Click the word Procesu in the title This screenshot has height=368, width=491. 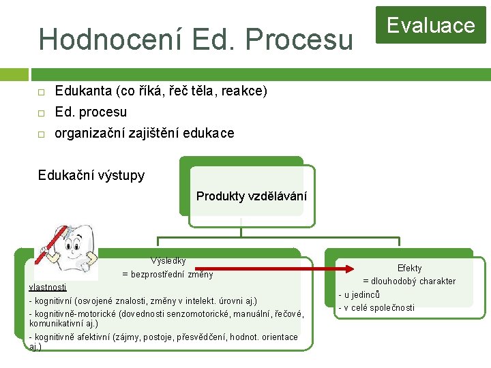(x=303, y=39)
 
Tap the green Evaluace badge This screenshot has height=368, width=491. (x=430, y=26)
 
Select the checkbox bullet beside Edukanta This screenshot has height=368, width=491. (x=41, y=91)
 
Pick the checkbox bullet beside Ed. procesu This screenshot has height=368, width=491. (x=41, y=112)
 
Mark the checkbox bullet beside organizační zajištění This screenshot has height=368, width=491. (x=41, y=134)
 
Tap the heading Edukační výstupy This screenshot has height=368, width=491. (x=91, y=176)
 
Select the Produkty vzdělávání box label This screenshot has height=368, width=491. (x=251, y=196)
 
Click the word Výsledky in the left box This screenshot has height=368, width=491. (x=168, y=260)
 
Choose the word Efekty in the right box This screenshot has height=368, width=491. (x=410, y=269)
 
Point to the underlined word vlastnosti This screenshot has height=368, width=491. (x=48, y=287)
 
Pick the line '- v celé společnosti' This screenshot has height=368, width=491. (x=376, y=307)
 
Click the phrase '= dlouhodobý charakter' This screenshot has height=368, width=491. (x=408, y=281)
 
